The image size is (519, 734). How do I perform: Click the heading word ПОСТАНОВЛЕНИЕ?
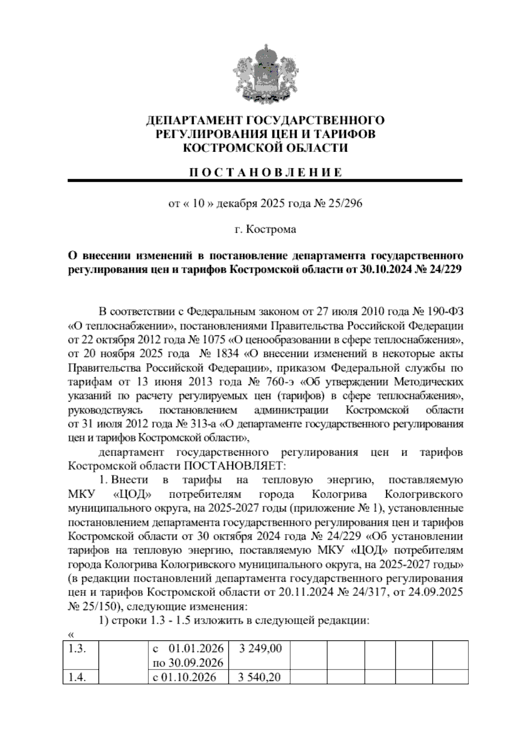click(x=266, y=172)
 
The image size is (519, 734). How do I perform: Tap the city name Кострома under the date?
click(x=271, y=229)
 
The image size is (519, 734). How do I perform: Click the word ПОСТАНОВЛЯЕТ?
click(x=236, y=466)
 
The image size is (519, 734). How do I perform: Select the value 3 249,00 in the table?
click(x=259, y=648)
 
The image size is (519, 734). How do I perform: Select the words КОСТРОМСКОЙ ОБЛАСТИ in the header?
click(x=266, y=148)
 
